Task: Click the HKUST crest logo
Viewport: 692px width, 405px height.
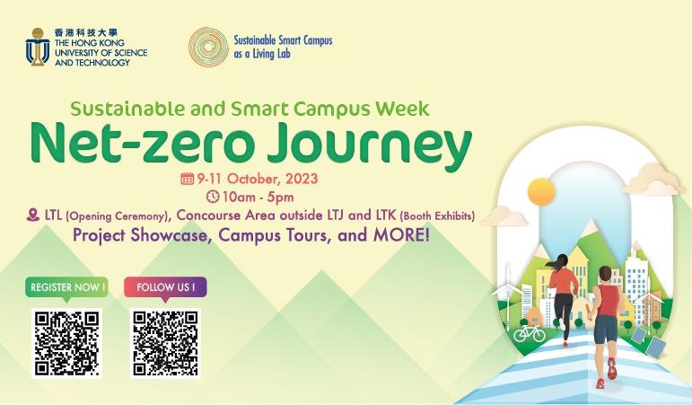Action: click(x=37, y=46)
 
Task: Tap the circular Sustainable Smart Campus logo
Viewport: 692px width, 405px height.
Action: click(x=207, y=46)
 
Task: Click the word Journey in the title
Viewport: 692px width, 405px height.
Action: click(x=371, y=145)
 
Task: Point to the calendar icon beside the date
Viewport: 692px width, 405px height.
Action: click(x=187, y=179)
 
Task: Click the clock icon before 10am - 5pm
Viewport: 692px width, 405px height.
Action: click(x=213, y=197)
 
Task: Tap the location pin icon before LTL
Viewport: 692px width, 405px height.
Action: click(x=33, y=216)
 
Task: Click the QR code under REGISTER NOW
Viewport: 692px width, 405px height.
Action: click(x=66, y=343)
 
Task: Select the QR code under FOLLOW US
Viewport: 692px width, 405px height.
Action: click(x=165, y=343)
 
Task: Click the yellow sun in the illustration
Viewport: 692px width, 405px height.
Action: click(x=541, y=191)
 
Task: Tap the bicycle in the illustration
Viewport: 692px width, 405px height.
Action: click(x=529, y=332)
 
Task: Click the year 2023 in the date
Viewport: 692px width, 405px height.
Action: click(x=301, y=179)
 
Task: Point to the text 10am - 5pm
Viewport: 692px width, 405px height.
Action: click(x=259, y=197)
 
